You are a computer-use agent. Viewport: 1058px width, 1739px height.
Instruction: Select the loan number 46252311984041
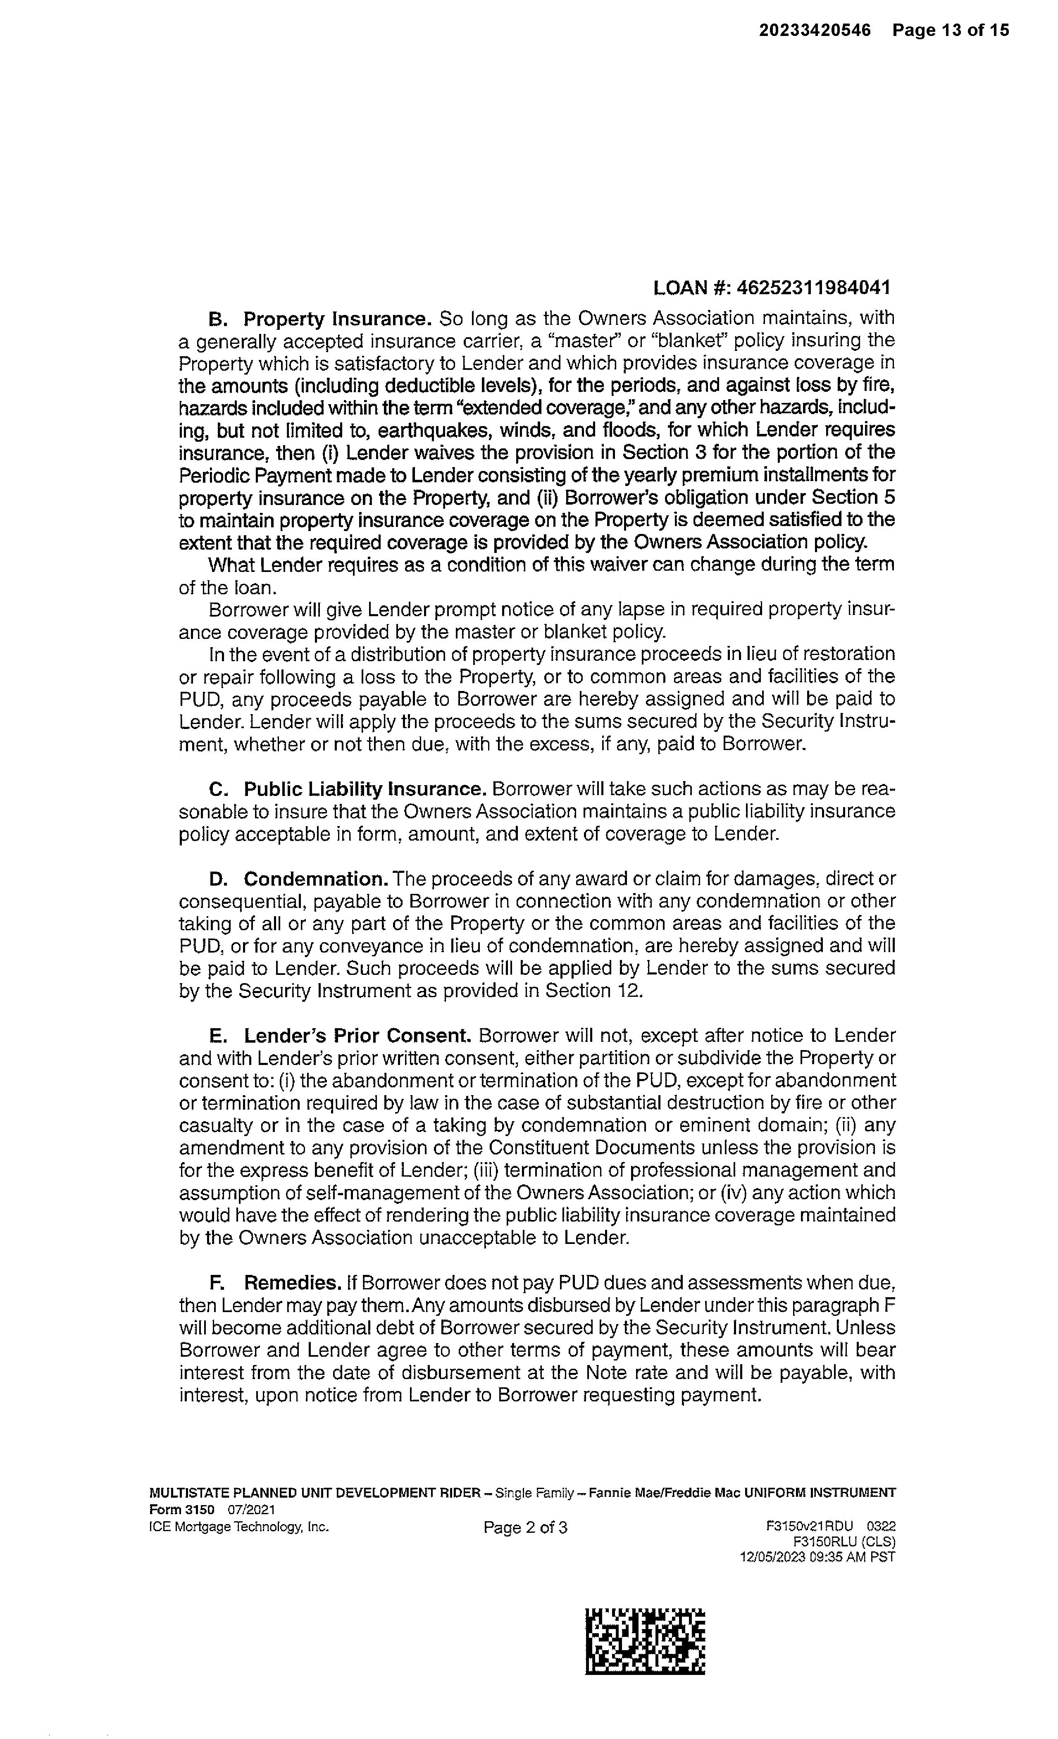[813, 288]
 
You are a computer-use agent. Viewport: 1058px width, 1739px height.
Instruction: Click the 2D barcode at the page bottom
[645, 1641]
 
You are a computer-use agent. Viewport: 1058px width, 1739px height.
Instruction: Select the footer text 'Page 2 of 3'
[525, 1528]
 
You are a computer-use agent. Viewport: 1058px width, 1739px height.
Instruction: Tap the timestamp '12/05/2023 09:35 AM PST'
[817, 1556]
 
